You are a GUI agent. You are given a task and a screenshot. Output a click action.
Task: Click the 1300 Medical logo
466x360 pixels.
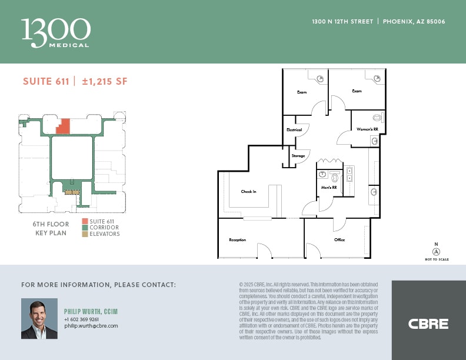(x=56, y=32)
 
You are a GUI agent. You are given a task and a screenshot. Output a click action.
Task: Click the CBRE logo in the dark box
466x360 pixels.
(x=428, y=324)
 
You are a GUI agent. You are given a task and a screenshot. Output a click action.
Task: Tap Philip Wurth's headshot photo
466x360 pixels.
(x=39, y=318)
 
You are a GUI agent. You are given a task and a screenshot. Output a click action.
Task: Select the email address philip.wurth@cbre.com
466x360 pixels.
(x=91, y=326)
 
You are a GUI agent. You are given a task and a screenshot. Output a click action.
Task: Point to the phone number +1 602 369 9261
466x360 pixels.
(x=82, y=319)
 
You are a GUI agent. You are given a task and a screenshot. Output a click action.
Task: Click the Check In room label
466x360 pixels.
(x=248, y=192)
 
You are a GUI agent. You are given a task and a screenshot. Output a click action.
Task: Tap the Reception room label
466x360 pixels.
(x=237, y=240)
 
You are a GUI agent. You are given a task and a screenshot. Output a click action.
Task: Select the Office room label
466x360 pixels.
(x=339, y=240)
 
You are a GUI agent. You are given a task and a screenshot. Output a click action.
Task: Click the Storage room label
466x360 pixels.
(x=298, y=156)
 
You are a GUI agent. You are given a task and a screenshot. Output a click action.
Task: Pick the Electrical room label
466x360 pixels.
(x=294, y=129)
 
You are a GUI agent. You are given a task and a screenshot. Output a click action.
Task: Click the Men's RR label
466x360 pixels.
(x=328, y=188)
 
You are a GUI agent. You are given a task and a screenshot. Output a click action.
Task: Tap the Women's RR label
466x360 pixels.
(x=367, y=129)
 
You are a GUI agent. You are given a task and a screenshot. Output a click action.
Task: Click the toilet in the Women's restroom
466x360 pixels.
(x=377, y=117)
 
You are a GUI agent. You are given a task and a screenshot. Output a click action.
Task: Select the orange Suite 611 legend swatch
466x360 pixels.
(x=85, y=221)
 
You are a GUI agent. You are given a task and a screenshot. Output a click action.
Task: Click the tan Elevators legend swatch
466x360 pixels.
(x=85, y=234)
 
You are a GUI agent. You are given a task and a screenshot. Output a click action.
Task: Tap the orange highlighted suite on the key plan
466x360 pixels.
(x=64, y=126)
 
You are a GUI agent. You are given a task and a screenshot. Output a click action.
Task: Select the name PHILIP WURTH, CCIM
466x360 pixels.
(x=91, y=311)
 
